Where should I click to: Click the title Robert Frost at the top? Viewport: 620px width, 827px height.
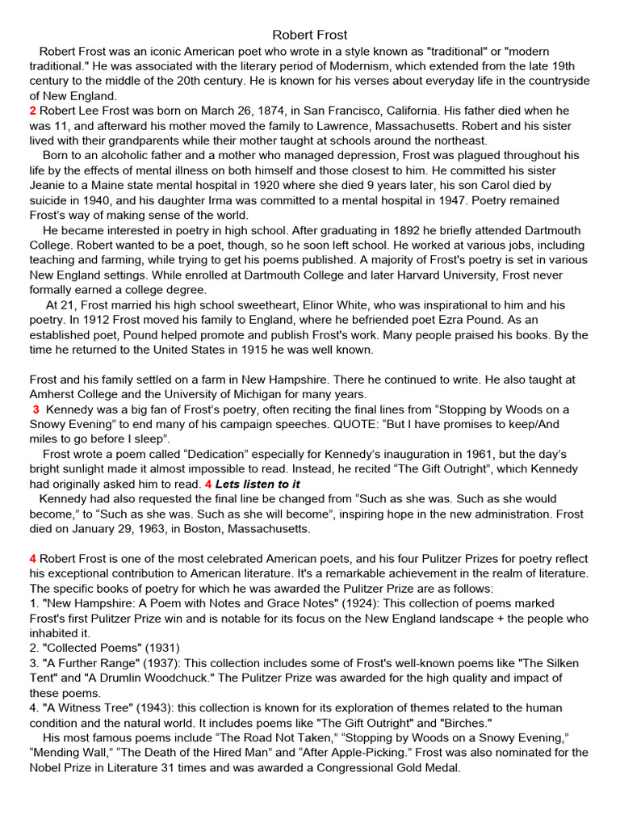(310, 35)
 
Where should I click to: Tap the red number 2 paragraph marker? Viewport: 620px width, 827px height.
(32, 111)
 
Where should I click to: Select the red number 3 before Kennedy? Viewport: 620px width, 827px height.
(36, 409)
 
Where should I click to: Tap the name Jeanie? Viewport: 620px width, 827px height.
(49, 185)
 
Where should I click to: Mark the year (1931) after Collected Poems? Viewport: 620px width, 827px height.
(159, 648)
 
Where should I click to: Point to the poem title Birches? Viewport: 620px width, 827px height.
(462, 723)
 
